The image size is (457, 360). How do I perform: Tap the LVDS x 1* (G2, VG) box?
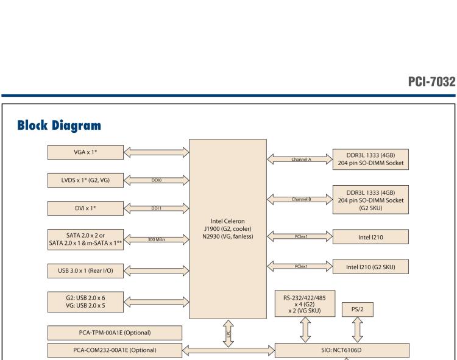[x=86, y=180]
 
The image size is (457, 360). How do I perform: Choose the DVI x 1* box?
[x=86, y=208]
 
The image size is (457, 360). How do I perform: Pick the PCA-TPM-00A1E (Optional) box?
[x=114, y=333]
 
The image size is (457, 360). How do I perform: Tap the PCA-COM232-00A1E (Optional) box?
[x=114, y=350]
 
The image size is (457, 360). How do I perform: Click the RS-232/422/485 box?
[x=303, y=303]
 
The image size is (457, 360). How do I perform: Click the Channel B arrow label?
[x=299, y=199]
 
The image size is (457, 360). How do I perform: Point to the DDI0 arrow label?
[x=157, y=180]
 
